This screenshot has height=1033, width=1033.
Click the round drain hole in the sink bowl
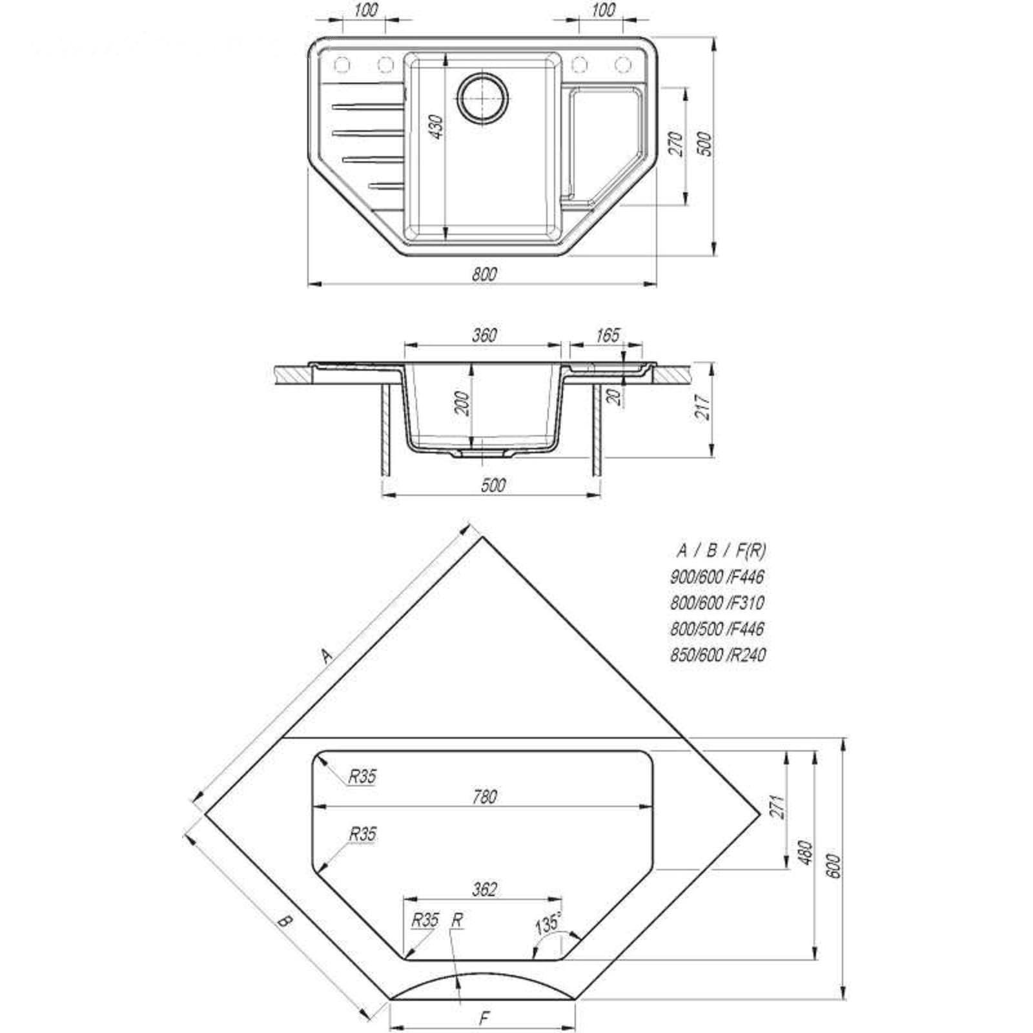pyautogui.click(x=484, y=97)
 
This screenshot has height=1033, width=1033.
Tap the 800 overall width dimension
pyautogui.click(x=484, y=274)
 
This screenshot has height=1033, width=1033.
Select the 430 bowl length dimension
pyautogui.click(x=437, y=127)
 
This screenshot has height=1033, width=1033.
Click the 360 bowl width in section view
pyautogui.click(x=484, y=335)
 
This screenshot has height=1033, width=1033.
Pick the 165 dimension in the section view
pyautogui.click(x=608, y=335)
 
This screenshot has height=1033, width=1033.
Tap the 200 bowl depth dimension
pyautogui.click(x=462, y=404)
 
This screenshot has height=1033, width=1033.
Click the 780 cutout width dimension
pyautogui.click(x=484, y=797)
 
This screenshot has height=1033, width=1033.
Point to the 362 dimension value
pyautogui.click(x=484, y=890)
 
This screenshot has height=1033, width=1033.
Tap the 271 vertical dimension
pyautogui.click(x=777, y=806)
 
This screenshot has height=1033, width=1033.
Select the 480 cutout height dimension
pyautogui.click(x=804, y=852)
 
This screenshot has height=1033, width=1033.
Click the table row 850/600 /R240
pyautogui.click(x=718, y=655)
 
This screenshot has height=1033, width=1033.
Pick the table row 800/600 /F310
pyautogui.click(x=717, y=603)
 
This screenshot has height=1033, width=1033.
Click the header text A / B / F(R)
pyautogui.click(x=721, y=551)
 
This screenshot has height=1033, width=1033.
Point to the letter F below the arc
pyautogui.click(x=484, y=1019)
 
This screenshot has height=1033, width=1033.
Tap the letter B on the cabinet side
pyautogui.click(x=285, y=921)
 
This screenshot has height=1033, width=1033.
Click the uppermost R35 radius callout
pyautogui.click(x=362, y=777)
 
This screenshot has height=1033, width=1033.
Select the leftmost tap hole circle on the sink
pyautogui.click(x=342, y=65)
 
